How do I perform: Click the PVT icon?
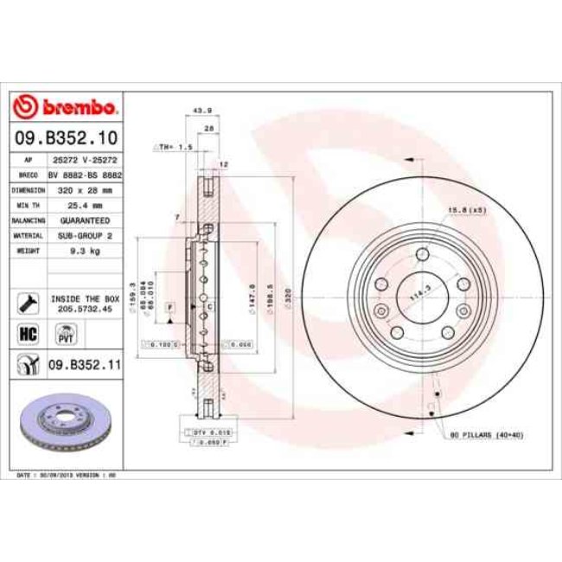[64, 333]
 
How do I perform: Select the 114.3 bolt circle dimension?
[419, 295]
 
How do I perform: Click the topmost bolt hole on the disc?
[422, 254]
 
